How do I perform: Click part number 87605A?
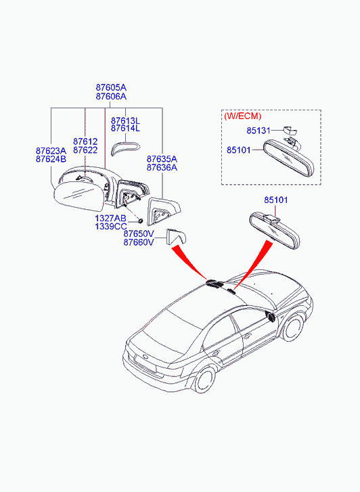[x=111, y=87]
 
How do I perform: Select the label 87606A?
[x=111, y=97]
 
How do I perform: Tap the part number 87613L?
[x=126, y=121]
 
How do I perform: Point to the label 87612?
[x=85, y=141]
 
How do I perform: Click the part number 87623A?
[x=51, y=151]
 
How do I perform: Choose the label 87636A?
[x=162, y=168]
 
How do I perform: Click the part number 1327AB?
[x=110, y=219]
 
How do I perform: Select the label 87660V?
[x=139, y=242]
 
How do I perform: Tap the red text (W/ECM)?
[x=243, y=116]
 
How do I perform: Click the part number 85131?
[x=258, y=131]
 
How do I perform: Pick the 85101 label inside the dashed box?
[x=239, y=150]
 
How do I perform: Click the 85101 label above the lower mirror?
[x=276, y=200]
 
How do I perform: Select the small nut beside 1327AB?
[x=140, y=221]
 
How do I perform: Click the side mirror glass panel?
[x=78, y=198]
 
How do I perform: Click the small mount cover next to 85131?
[x=290, y=129]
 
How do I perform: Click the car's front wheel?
[x=293, y=328]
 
